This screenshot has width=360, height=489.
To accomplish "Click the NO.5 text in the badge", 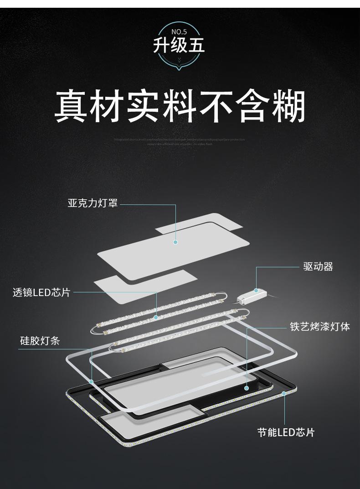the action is [180, 32].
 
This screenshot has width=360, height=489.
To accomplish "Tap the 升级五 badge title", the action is [179, 46].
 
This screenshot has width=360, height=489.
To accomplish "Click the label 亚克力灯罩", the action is [93, 203].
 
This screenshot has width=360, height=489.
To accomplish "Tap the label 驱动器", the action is [318, 266].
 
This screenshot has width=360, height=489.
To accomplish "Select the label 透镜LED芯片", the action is [41, 292].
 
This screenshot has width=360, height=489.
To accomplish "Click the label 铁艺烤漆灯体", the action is [320, 327].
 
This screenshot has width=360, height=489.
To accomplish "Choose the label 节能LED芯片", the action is [286, 432].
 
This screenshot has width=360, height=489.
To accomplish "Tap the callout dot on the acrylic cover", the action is [175, 242].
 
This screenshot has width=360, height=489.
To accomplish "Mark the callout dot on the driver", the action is [256, 290].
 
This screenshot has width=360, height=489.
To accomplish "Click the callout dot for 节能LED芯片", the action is [284, 393].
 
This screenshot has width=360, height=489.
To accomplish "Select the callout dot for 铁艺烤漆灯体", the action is [247, 389].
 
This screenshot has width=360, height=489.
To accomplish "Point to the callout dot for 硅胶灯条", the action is [92, 381].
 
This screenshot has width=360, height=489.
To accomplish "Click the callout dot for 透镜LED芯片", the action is [156, 317].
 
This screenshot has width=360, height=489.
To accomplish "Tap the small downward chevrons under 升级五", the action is [179, 59].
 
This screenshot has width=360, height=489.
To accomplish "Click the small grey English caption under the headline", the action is [180, 141].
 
